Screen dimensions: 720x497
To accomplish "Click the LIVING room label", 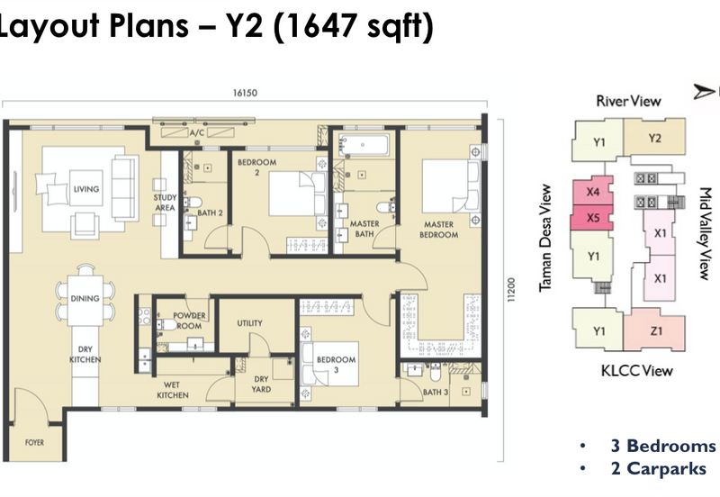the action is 86,189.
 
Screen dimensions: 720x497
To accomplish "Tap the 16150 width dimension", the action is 245,93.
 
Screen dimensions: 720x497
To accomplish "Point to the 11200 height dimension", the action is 511,290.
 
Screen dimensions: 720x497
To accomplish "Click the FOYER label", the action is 34,442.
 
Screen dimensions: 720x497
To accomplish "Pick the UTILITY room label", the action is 250,323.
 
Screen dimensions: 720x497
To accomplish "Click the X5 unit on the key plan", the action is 592,217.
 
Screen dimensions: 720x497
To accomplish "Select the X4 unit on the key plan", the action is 593,191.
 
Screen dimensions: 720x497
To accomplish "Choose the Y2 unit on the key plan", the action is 654,139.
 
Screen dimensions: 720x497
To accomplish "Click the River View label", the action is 628,101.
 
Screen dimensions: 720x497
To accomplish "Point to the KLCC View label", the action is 637,370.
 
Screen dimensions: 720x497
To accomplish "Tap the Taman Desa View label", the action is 545,238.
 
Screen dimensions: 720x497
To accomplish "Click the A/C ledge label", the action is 197,132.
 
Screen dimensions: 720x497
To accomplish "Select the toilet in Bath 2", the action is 193,203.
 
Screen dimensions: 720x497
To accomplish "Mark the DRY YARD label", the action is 261,384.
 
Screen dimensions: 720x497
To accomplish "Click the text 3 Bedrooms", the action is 663,446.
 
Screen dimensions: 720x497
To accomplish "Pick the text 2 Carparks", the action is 659,468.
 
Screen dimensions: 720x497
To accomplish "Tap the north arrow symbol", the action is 704,92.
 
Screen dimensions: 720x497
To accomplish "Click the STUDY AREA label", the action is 165,203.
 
